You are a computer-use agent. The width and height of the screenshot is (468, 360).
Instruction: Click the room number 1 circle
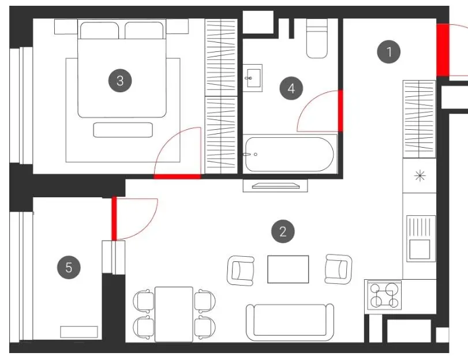tap(388, 52)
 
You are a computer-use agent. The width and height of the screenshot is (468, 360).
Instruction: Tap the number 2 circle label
tap(283, 231)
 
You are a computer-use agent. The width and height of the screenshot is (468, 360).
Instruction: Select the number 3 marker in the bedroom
tap(120, 81)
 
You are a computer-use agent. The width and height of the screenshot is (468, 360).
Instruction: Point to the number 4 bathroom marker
tap(291, 88)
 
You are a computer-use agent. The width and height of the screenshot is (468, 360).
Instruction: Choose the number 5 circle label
tap(69, 267)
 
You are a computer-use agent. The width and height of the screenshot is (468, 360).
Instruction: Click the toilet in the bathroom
tap(317, 39)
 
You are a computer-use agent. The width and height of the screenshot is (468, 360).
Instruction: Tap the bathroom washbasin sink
tap(253, 78)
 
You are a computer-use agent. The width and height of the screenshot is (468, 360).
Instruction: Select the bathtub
tap(290, 154)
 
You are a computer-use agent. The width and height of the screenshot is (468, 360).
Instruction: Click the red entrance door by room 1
tap(443, 50)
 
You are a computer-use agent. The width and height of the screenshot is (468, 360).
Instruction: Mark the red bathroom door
tap(340, 111)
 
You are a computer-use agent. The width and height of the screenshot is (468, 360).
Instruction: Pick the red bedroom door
tap(177, 177)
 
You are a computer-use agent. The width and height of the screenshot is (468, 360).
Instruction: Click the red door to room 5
tap(114, 218)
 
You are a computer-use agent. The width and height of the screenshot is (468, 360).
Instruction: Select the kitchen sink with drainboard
tap(421, 239)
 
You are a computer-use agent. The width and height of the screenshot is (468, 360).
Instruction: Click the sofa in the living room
tap(290, 322)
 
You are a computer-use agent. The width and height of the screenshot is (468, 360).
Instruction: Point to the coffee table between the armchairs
tap(288, 269)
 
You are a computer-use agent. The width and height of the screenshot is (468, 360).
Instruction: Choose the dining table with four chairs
tap(174, 314)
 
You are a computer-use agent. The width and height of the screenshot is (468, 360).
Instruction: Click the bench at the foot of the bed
tap(123, 130)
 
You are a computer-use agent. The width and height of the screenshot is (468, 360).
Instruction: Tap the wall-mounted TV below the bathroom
tap(275, 185)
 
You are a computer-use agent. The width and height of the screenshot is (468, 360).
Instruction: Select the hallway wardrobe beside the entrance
tap(419, 119)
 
